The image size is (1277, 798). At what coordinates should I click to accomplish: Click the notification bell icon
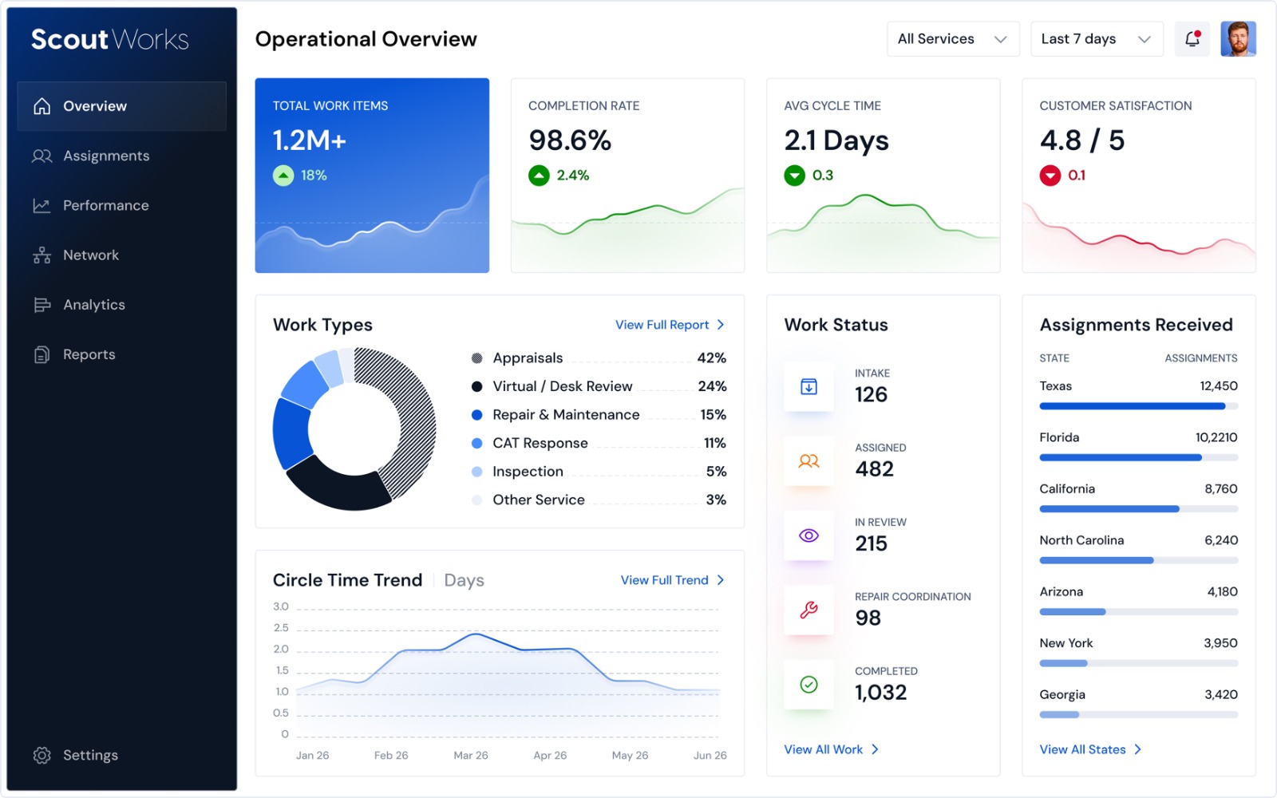coord(1192,39)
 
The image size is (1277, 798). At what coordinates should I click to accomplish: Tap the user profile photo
coord(1238,39)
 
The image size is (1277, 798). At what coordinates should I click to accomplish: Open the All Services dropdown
coord(953,39)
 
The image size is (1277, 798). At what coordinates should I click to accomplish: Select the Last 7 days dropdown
coord(1097,39)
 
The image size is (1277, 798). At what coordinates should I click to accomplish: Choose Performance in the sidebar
coord(105,205)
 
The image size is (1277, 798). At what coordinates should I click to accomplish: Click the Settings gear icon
coord(42,755)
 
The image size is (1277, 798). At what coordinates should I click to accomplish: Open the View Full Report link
coord(670,325)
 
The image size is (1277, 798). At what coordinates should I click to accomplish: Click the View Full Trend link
coord(672,580)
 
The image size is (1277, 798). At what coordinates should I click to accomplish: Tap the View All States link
coord(1090,749)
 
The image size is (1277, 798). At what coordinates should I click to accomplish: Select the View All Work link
coord(831,749)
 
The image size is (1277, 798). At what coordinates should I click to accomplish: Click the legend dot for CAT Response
coord(477,443)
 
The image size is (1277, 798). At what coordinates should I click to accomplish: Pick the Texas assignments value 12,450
coord(1218,386)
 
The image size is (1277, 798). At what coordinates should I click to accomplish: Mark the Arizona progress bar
coord(1138,611)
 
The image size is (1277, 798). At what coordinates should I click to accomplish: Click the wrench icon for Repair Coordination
coord(809,610)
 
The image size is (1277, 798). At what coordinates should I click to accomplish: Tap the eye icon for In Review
coord(809,535)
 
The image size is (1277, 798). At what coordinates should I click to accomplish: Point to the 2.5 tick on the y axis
coord(281,627)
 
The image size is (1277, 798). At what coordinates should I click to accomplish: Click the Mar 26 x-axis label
coord(470,755)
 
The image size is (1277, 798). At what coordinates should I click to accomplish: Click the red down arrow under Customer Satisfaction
coord(1050,175)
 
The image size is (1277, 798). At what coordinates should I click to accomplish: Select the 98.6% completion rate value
coord(570,140)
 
